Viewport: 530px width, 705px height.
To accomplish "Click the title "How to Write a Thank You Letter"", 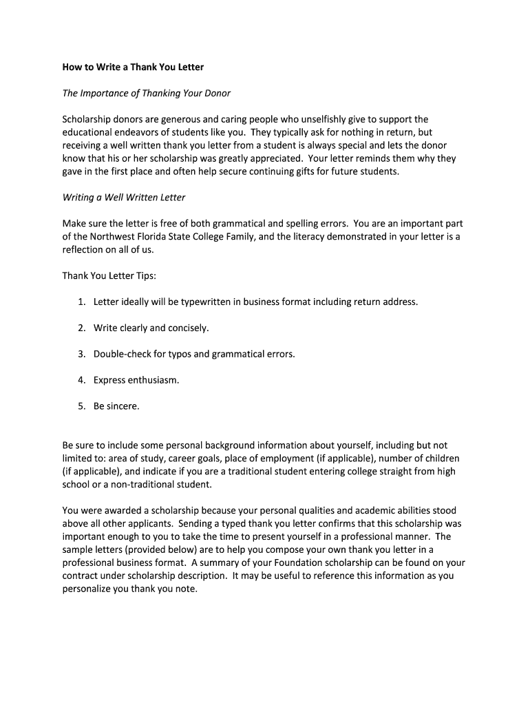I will pos(133,67).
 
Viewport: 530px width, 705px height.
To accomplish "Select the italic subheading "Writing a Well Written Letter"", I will pos(124,198).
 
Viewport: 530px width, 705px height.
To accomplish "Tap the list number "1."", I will pos(81,302).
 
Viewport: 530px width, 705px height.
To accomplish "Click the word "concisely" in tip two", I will pos(187,328).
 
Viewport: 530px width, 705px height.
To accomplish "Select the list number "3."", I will pos(81,355).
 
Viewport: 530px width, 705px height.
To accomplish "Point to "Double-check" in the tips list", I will pos(122,355).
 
